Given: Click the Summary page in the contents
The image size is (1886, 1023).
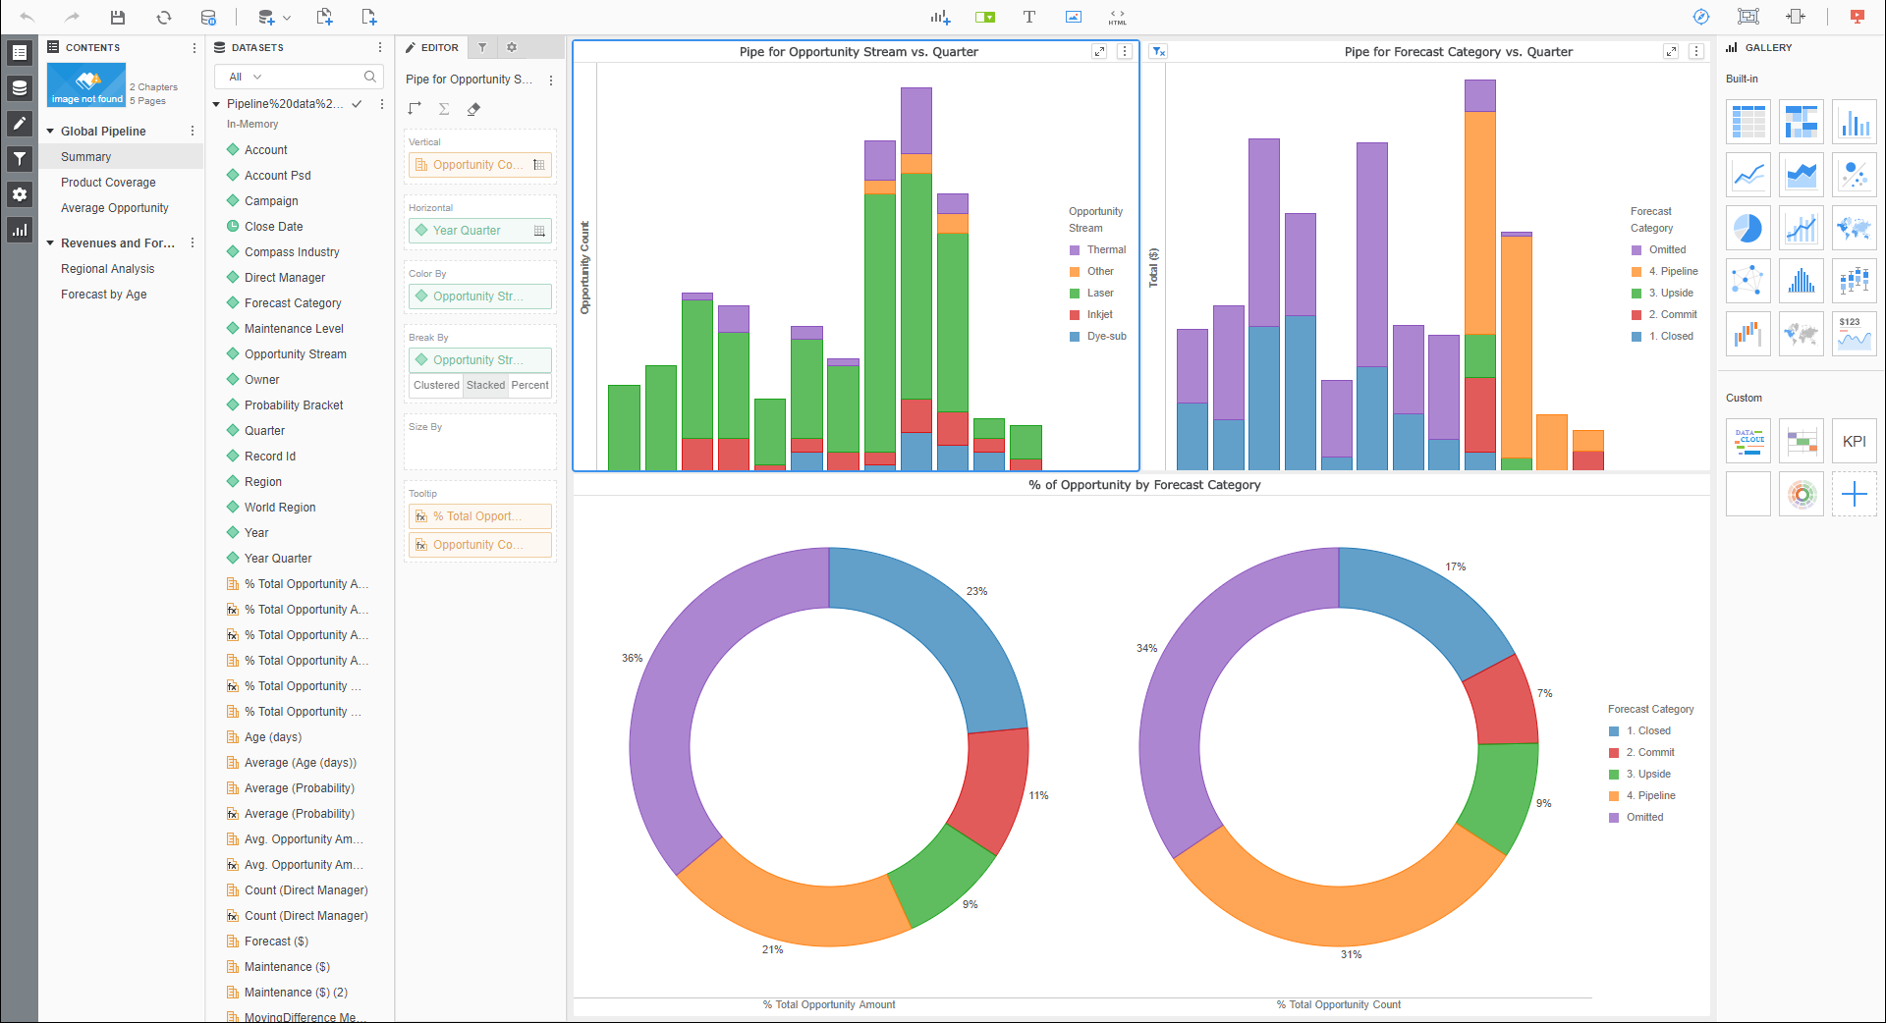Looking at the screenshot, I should point(86,157).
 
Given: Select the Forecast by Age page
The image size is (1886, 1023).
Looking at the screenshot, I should point(104,295).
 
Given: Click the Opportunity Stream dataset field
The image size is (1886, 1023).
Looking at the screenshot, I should point(295,354).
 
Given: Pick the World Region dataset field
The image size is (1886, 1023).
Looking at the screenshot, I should point(280,508).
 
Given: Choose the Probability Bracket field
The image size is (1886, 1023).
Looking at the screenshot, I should point(294,405).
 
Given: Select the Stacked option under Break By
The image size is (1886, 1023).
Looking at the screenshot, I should point(485,385).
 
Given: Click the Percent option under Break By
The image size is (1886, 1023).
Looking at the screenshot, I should point(529,385).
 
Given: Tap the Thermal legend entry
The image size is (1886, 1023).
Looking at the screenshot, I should point(1106,250).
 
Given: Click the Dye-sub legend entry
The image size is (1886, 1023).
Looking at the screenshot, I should point(1106,337).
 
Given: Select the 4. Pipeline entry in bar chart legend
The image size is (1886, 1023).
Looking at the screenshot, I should point(1673,272).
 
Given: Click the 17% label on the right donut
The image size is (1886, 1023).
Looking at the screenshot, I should point(1455,567).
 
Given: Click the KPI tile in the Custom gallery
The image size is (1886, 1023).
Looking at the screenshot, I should point(1854,442).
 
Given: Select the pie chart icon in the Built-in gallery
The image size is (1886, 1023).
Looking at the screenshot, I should point(1747,228).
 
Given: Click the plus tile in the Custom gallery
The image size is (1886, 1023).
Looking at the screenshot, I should point(1854,494).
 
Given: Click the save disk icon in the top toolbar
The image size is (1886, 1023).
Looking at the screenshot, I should point(118,17).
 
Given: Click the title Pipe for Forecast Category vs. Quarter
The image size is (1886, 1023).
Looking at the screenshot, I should point(1458,52).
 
